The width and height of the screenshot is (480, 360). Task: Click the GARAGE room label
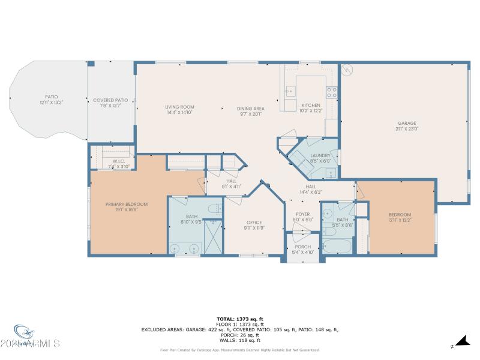407,123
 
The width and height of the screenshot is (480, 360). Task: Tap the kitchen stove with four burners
331,92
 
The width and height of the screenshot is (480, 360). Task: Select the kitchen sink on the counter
290,92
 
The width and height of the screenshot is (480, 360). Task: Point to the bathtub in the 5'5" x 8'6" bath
337,246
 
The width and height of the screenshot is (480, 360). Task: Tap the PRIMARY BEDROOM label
127,204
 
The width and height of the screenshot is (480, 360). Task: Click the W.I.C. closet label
118,161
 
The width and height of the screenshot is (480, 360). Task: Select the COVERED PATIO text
110,100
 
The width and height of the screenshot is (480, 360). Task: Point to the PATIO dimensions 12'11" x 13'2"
51,103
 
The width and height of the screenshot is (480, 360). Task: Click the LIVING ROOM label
179,107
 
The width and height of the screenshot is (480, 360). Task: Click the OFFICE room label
254,222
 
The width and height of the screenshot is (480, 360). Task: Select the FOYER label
303,214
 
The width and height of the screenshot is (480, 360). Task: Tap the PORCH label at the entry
303,247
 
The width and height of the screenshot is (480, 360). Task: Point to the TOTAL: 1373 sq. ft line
240,319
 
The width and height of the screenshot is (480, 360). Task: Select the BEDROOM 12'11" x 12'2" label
400,215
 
